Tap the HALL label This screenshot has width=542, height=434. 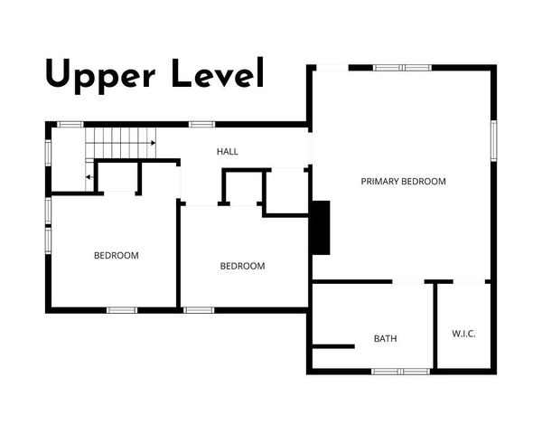click(228, 151)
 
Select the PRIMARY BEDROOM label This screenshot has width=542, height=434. click(403, 182)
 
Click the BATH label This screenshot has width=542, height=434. click(386, 339)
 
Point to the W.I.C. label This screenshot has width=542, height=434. click(463, 334)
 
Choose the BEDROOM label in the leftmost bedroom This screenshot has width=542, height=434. click(117, 256)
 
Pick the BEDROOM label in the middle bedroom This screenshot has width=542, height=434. click(243, 266)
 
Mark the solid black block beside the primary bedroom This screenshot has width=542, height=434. click(321, 228)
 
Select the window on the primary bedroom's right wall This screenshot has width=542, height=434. click(493, 140)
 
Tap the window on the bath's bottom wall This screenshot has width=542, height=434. click(401, 371)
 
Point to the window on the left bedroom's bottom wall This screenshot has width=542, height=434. click(122, 310)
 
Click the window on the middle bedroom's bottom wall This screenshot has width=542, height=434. click(199, 310)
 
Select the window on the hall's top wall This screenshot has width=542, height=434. click(201, 124)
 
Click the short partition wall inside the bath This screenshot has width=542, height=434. click(332, 345)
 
